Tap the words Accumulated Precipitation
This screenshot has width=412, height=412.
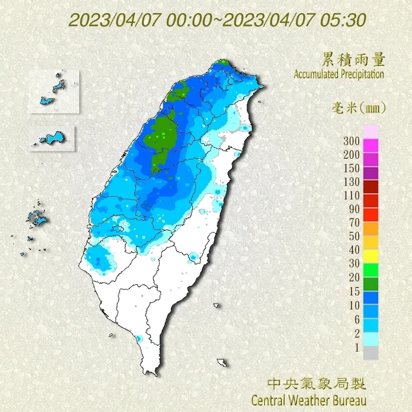click(x=338, y=74)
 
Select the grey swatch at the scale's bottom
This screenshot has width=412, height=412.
click(x=371, y=353)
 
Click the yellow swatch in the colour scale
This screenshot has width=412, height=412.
click(x=371, y=255)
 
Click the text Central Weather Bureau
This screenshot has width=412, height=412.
click(x=308, y=398)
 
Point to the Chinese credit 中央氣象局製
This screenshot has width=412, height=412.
click(x=316, y=383)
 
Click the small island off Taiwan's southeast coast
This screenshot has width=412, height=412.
click(x=222, y=363)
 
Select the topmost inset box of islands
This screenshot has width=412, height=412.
click(x=54, y=91)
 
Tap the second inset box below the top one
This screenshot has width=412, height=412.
click(x=51, y=137)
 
